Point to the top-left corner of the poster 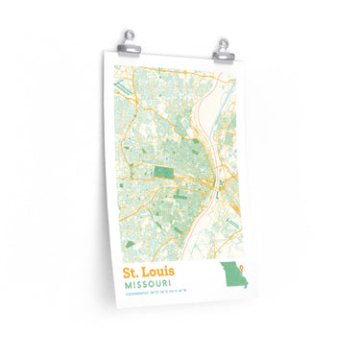[103, 53]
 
